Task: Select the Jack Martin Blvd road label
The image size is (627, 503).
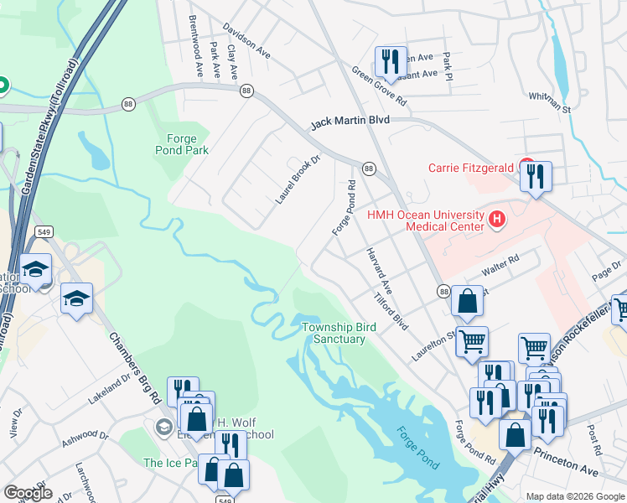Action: point(350,122)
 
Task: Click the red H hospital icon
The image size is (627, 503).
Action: point(497,220)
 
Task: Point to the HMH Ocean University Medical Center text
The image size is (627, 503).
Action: point(425,220)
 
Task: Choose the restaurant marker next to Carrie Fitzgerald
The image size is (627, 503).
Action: point(535,177)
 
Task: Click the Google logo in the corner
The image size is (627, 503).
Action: point(28,493)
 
